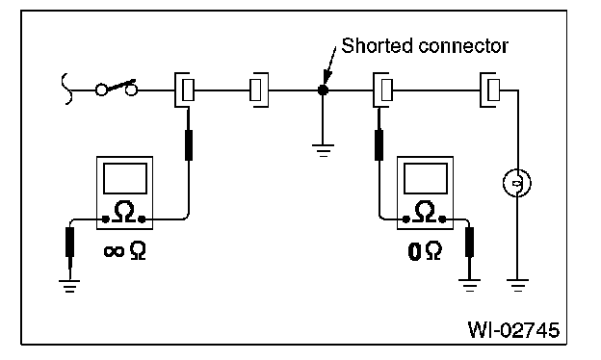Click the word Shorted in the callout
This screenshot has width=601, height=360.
click(377, 46)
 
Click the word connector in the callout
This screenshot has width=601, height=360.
click(463, 47)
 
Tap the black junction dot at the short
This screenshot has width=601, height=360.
click(323, 90)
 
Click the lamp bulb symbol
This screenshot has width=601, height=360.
click(517, 183)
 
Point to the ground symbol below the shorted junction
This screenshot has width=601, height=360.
click(323, 150)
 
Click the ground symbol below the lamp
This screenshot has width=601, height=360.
click(517, 286)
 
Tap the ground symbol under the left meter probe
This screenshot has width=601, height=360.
click(69, 287)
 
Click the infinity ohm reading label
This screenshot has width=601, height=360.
click(124, 251)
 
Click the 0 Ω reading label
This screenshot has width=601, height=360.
click(425, 251)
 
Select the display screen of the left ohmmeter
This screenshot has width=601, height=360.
click(125, 178)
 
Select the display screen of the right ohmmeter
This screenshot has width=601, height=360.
click(426, 178)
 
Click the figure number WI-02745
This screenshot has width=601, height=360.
click(513, 330)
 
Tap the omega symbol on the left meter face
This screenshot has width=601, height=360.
click(123, 212)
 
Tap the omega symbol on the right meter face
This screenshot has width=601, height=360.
click(424, 212)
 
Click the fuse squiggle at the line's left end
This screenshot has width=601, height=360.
click(65, 89)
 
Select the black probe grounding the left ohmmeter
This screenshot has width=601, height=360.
click(69, 242)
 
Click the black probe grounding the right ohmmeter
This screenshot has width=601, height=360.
click(469, 242)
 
